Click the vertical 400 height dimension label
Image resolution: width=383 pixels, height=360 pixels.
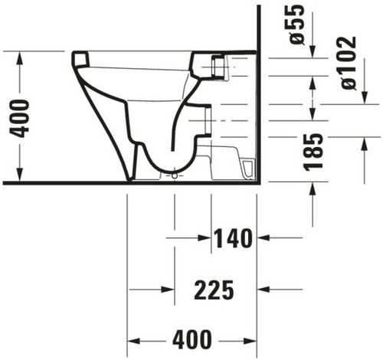pyautogui.click(x=19, y=119)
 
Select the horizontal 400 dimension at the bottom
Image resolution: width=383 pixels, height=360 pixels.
pyautogui.click(x=192, y=340)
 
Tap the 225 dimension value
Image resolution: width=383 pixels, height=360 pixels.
pyautogui.click(x=214, y=290)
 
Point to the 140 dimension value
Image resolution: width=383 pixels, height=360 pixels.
pyautogui.click(x=233, y=238)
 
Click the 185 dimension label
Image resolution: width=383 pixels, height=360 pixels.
pyautogui.click(x=313, y=152)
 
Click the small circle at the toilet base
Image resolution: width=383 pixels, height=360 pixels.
pyautogui.click(x=175, y=176)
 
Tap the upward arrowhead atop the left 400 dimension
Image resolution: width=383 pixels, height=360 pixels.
pyautogui.click(x=20, y=57)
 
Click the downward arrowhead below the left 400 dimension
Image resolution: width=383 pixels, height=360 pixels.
pyautogui.click(x=20, y=175)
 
